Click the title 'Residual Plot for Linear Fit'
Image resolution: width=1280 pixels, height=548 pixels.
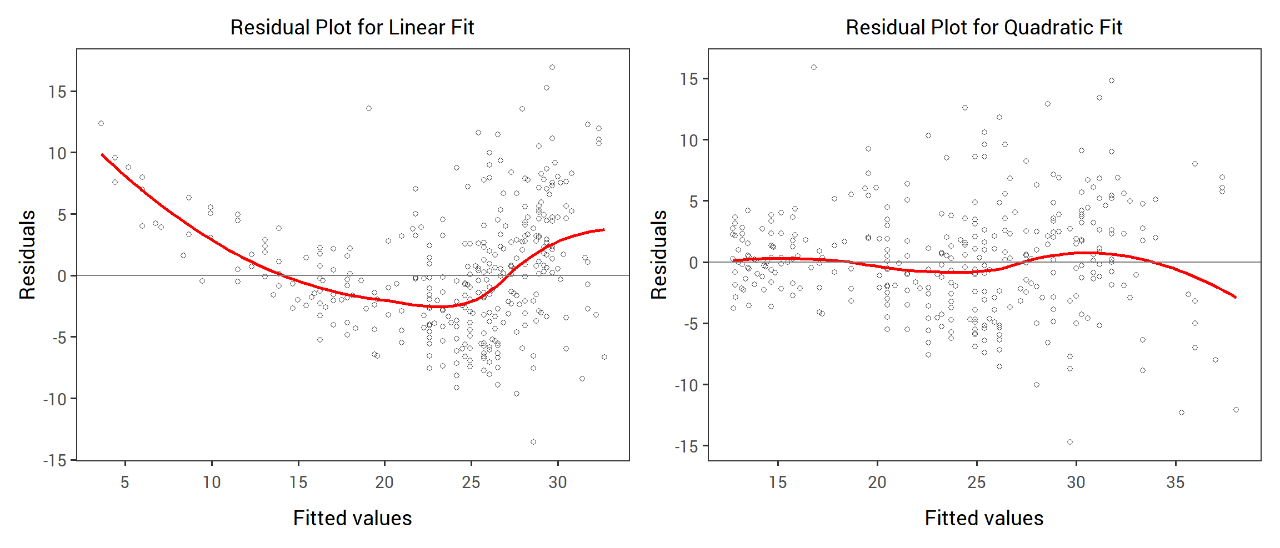352,27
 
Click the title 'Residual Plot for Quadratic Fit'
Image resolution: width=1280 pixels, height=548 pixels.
984,27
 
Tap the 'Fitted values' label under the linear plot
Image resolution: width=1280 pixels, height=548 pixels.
352,518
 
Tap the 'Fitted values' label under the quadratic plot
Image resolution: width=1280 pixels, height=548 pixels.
984,518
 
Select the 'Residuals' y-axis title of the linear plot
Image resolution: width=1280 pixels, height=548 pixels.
27,255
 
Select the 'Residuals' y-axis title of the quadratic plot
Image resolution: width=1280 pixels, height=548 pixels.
659,255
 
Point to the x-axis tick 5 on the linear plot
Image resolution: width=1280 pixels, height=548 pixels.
125,482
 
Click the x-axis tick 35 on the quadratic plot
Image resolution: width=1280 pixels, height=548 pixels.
1176,482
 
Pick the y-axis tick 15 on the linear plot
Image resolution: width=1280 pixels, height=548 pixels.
57,92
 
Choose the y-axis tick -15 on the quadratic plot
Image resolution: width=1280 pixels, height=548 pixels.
686,446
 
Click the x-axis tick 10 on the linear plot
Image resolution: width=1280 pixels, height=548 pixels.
212,482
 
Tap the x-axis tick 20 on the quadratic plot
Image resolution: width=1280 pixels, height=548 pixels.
877,482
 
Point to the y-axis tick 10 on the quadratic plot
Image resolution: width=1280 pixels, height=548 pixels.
689,140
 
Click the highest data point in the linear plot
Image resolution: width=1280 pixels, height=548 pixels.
552,67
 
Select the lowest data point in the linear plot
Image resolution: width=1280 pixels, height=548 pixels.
533,442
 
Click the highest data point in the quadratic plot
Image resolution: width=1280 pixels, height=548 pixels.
814,67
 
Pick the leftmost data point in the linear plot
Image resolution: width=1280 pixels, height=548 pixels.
101,123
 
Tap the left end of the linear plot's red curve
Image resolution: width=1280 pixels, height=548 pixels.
102,154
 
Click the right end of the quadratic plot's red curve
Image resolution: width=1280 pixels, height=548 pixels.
1236,297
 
